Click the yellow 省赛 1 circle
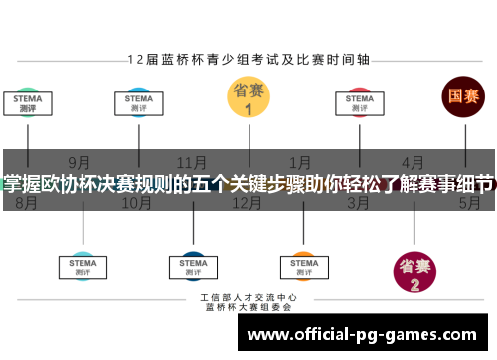(x=248, y=97)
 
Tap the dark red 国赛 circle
(x=463, y=96)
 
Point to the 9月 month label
(x=81, y=162)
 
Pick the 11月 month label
(x=191, y=162)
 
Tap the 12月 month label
(x=246, y=204)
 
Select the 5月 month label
(x=468, y=204)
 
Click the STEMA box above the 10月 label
(x=138, y=103)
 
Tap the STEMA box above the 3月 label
(x=359, y=103)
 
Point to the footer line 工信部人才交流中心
(x=248, y=297)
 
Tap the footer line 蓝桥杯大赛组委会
(x=248, y=307)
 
